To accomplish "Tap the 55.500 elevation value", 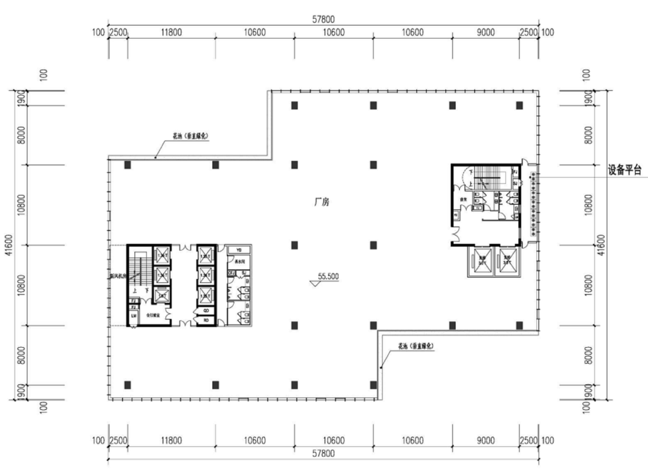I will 328,276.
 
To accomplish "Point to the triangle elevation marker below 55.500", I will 315,284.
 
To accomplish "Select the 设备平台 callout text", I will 624,170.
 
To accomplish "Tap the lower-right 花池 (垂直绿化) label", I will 416,347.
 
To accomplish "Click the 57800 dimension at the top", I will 323,20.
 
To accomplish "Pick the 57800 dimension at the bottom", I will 323,453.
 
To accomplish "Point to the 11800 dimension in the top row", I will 171,33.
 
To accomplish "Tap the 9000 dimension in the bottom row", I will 485,440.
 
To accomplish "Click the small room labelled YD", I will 239,250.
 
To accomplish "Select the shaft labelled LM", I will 134,316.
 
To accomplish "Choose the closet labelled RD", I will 207,320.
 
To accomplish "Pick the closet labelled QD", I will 207,311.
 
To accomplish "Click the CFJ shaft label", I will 231,273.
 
